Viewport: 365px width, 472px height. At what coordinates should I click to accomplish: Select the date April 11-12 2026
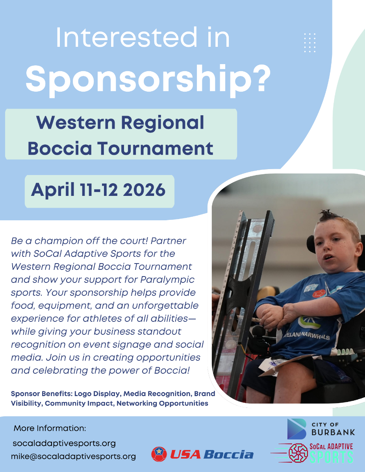pyautogui.click(x=98, y=190)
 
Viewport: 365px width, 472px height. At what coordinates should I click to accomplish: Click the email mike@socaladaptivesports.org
pyautogui.click(x=73, y=456)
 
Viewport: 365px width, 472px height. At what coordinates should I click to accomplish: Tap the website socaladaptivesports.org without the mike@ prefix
pyautogui.click(x=64, y=443)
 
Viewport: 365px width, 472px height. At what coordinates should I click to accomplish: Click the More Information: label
pyautogui.click(x=50, y=428)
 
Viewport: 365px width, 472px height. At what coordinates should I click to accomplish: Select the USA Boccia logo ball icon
pyautogui.click(x=159, y=454)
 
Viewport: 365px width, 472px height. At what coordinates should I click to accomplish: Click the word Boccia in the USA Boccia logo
pyautogui.click(x=229, y=455)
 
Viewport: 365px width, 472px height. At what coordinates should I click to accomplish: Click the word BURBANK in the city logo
pyautogui.click(x=333, y=432)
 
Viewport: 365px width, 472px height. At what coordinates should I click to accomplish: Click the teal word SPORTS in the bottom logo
pyautogui.click(x=332, y=457)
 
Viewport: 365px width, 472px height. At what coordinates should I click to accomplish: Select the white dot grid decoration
pyautogui.click(x=310, y=42)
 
